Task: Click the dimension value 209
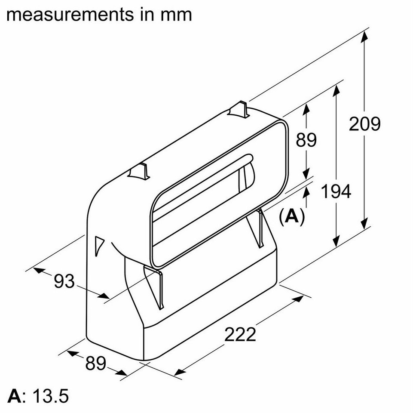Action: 364,124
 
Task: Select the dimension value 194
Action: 336,191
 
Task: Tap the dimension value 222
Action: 240,334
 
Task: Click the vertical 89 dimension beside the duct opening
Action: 306,140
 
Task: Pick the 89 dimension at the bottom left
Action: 95,363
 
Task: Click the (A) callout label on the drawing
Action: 292,216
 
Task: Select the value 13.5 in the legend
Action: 49,396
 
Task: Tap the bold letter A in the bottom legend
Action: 15,396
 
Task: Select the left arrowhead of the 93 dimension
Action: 38,270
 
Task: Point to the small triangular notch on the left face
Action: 99,245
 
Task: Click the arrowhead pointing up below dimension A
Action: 306,192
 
